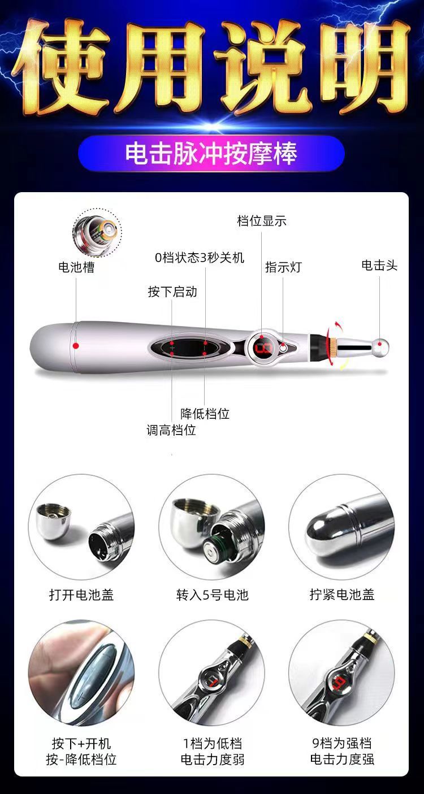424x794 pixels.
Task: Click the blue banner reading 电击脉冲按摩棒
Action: (x=211, y=153)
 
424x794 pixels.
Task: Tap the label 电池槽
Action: (x=76, y=267)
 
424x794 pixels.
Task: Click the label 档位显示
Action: (x=261, y=220)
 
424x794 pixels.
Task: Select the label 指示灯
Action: (x=283, y=267)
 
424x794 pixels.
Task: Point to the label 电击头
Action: (x=379, y=265)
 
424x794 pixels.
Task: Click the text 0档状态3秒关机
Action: (x=199, y=257)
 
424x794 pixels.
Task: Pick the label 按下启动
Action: (x=172, y=292)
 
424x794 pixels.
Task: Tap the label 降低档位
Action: (x=205, y=413)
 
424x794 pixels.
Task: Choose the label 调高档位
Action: (x=171, y=430)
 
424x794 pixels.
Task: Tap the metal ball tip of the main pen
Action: (x=382, y=346)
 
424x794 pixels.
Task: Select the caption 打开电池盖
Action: (x=81, y=595)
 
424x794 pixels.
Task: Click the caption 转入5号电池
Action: (x=211, y=595)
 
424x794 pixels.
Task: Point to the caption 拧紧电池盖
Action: (x=341, y=595)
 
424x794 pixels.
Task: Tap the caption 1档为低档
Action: (x=212, y=743)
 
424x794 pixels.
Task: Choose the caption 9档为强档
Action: (x=341, y=743)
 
